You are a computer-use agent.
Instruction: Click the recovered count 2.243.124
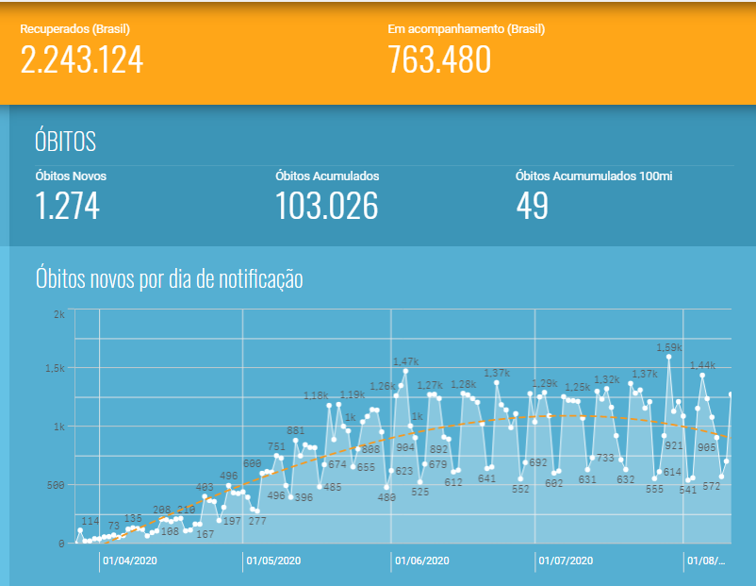pyautogui.click(x=82, y=59)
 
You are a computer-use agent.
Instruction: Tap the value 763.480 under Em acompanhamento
pyautogui.click(x=439, y=59)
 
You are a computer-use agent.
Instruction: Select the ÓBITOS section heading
pyautogui.click(x=65, y=142)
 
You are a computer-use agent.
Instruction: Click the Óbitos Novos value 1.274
pyautogui.click(x=67, y=206)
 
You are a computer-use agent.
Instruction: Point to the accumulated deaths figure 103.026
pyautogui.click(x=326, y=206)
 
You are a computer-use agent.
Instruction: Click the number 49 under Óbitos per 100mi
pyautogui.click(x=533, y=206)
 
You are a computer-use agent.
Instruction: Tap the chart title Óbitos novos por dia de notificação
pyautogui.click(x=169, y=278)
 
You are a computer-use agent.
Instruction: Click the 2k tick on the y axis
pyautogui.click(x=59, y=313)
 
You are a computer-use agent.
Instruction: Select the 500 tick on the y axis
pyautogui.click(x=57, y=485)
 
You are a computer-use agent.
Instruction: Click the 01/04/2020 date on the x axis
pyautogui.click(x=129, y=561)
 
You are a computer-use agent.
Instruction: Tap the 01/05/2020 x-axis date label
pyautogui.click(x=273, y=561)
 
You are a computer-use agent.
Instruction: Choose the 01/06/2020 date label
pyautogui.click(x=421, y=561)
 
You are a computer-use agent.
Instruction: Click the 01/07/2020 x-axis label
pyautogui.click(x=566, y=561)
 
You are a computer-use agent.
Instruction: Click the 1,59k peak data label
pyautogui.click(x=669, y=347)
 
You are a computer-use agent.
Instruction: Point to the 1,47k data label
pyautogui.click(x=405, y=361)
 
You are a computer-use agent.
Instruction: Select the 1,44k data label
pyautogui.click(x=702, y=365)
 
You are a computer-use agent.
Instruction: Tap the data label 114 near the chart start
pyautogui.click(x=90, y=521)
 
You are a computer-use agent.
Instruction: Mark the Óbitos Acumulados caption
pyautogui.click(x=327, y=176)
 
